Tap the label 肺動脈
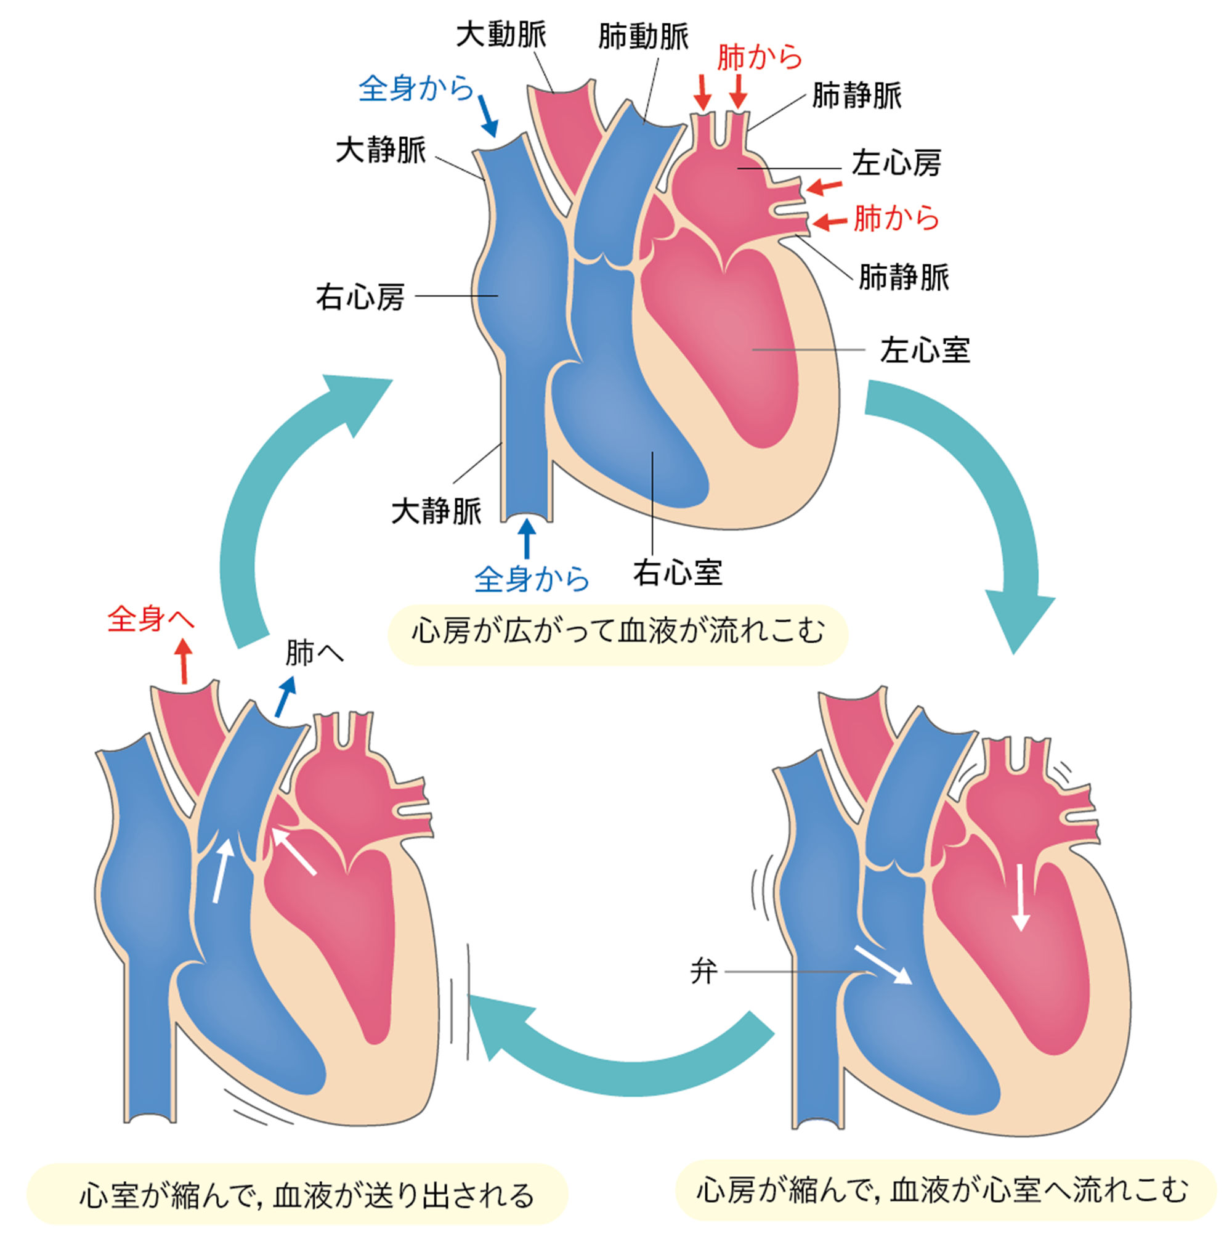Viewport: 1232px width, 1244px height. coord(642,37)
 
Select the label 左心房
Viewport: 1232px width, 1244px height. coord(896,163)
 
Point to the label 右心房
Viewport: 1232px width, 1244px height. coord(360,298)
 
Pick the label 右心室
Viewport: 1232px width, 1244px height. coord(677,572)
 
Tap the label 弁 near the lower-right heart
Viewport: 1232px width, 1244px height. coord(703,971)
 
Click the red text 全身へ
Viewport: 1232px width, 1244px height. coord(151,619)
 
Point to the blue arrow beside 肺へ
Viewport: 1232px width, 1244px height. coord(285,696)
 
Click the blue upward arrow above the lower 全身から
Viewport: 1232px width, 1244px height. coord(527,539)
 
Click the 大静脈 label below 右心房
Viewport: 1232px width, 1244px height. coord(436,512)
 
